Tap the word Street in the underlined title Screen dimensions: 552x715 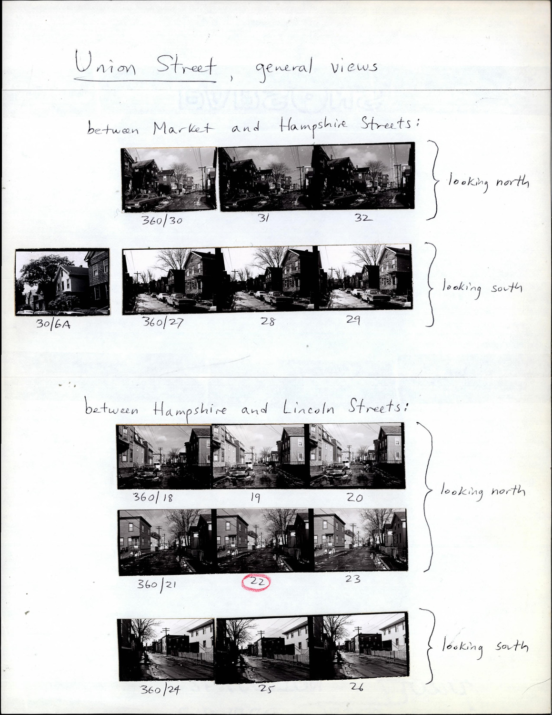(186, 64)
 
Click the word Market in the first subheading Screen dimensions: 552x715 (183, 128)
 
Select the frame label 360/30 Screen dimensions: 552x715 (162, 220)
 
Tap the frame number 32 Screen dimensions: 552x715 (363, 218)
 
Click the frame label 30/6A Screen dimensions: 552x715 (53, 325)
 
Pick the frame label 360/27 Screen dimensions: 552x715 (162, 322)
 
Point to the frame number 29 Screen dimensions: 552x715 (353, 319)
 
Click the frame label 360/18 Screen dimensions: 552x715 (153, 497)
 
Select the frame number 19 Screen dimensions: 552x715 (255, 497)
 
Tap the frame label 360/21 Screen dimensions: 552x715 (157, 584)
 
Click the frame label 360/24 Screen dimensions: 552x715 (160, 689)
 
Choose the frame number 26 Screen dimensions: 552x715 (356, 687)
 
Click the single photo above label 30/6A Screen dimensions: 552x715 (62, 282)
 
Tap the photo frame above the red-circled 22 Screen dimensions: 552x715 (262, 541)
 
